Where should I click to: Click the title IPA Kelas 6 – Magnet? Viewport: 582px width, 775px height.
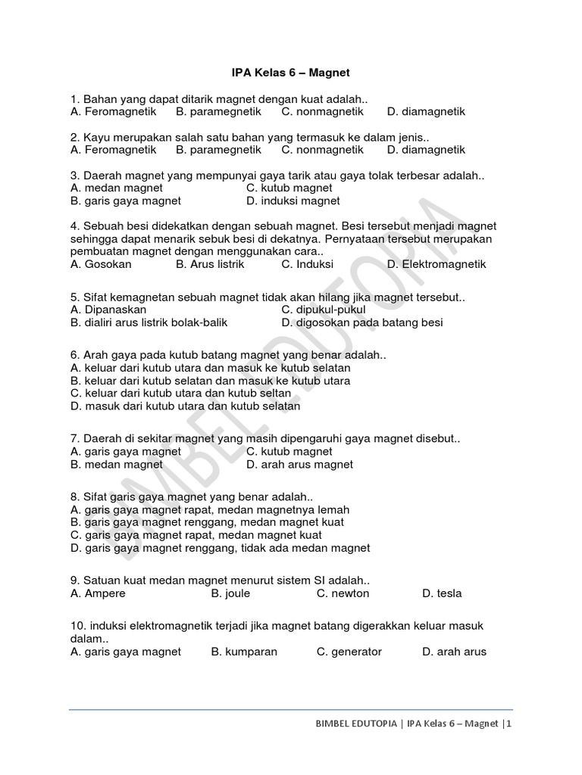point(290,73)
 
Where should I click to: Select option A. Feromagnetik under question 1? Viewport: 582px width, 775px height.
point(113,111)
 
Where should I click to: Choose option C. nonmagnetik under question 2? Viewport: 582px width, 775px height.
point(322,150)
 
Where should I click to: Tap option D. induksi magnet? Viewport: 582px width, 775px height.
point(293,201)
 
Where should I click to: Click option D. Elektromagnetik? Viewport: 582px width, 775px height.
point(436,264)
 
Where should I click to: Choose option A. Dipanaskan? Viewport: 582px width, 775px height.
point(108,310)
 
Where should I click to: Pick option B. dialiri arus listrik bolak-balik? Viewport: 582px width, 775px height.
point(149,322)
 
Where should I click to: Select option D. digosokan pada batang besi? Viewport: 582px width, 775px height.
point(362,322)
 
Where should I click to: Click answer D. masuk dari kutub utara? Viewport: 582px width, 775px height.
point(186,406)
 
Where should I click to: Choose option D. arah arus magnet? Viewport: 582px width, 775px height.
point(299,464)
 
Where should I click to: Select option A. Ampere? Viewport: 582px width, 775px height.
point(98,593)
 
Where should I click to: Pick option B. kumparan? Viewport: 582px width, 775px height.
point(244,651)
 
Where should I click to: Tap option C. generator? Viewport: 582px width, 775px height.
point(349,651)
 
